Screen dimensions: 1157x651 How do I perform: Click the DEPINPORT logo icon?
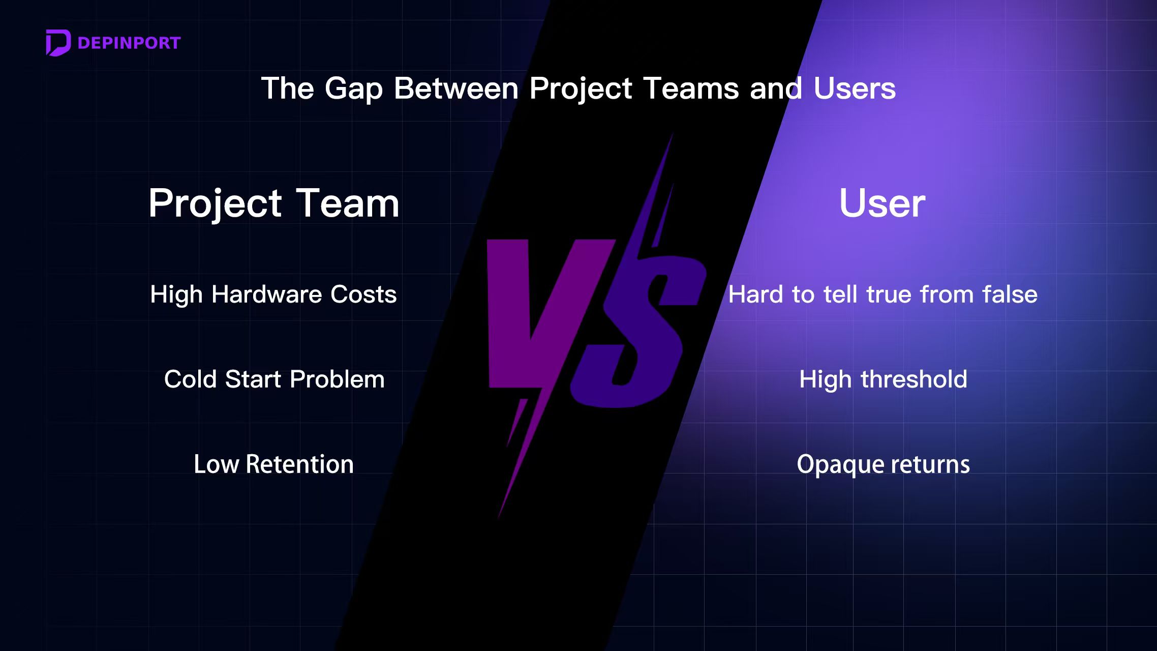click(x=58, y=43)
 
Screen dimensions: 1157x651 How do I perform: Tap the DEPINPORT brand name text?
click(x=129, y=43)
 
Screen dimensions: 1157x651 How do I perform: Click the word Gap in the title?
click(x=353, y=90)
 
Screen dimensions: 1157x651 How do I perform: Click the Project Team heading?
click(x=274, y=203)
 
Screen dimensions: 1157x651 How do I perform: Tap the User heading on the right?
click(x=882, y=203)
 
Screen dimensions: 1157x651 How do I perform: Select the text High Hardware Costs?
click(x=273, y=294)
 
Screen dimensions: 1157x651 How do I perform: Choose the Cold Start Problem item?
click(x=274, y=379)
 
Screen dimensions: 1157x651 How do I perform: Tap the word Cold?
click(x=190, y=379)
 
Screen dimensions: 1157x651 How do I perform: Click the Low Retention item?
click(x=273, y=464)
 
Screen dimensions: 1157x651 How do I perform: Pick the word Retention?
click(x=299, y=464)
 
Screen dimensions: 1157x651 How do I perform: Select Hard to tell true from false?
click(x=883, y=294)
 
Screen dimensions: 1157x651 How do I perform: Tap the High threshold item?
click(x=883, y=380)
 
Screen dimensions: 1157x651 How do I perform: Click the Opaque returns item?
click(x=883, y=465)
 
